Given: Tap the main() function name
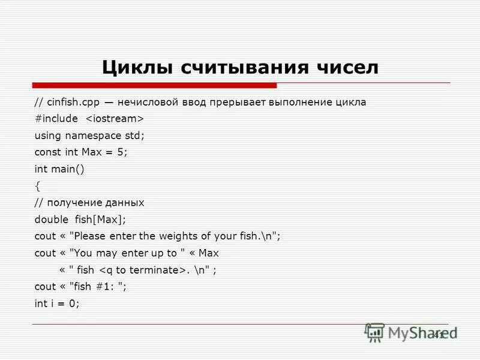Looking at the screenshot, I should (x=68, y=169).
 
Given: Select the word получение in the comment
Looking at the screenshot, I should (x=74, y=203).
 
